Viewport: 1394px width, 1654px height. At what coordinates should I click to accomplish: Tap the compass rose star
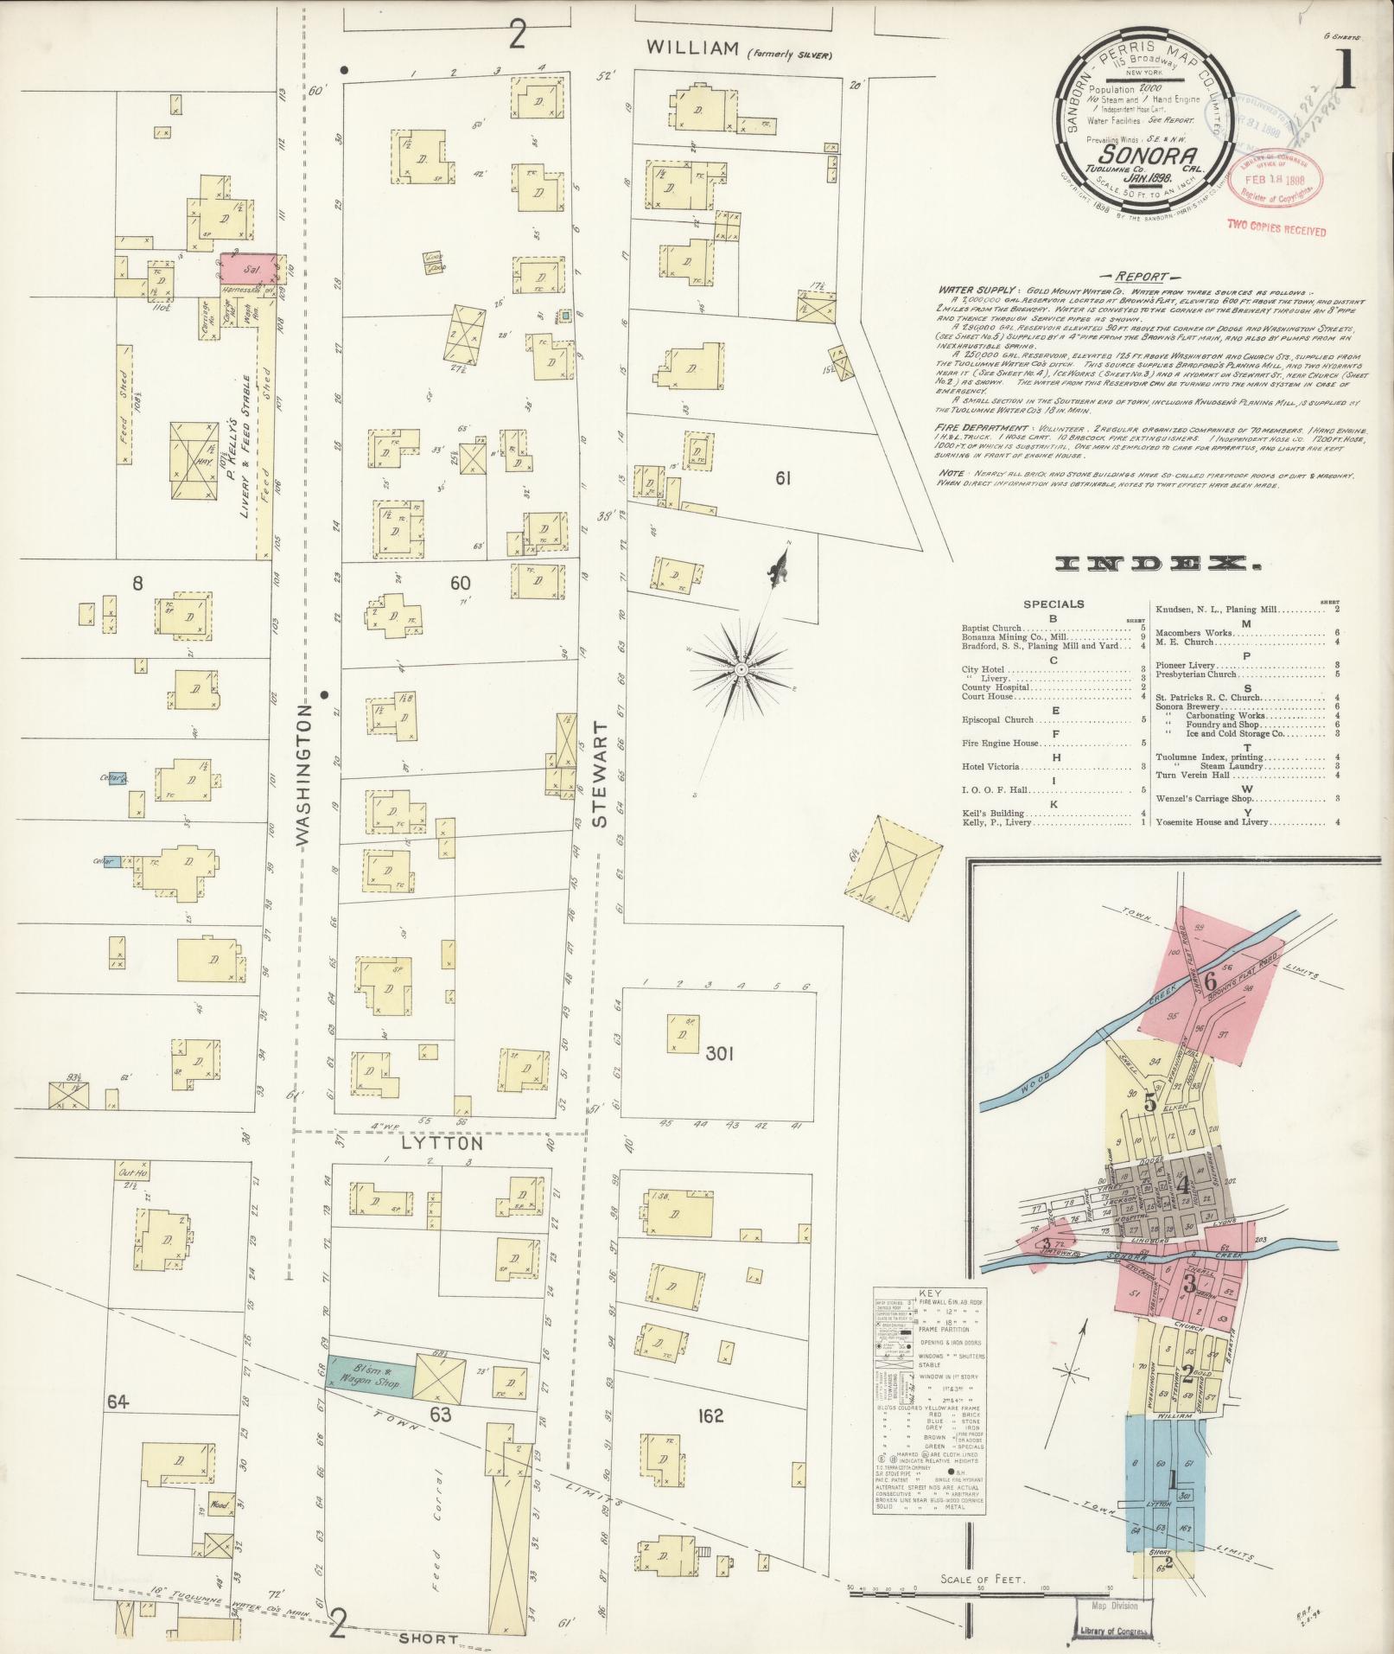click(741, 669)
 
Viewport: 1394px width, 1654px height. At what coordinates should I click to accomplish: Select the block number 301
click(719, 1054)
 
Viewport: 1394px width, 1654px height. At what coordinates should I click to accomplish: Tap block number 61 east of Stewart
click(783, 478)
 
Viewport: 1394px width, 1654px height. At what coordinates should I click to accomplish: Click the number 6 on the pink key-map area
click(1210, 980)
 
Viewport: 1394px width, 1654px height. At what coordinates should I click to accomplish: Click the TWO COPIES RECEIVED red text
click(1276, 232)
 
